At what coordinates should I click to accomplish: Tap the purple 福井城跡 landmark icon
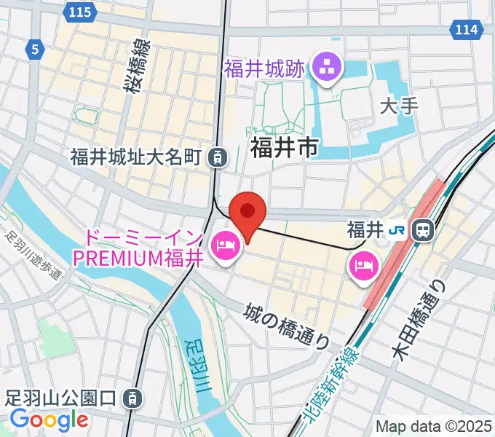325,69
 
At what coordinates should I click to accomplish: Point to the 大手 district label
399,106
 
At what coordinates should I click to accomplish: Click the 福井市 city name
285,149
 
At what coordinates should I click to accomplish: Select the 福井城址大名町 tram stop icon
216,156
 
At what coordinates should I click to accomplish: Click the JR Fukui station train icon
421,231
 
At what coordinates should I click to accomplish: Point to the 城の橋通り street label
288,326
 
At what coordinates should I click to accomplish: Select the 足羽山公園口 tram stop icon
132,398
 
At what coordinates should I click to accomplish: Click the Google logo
49,420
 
